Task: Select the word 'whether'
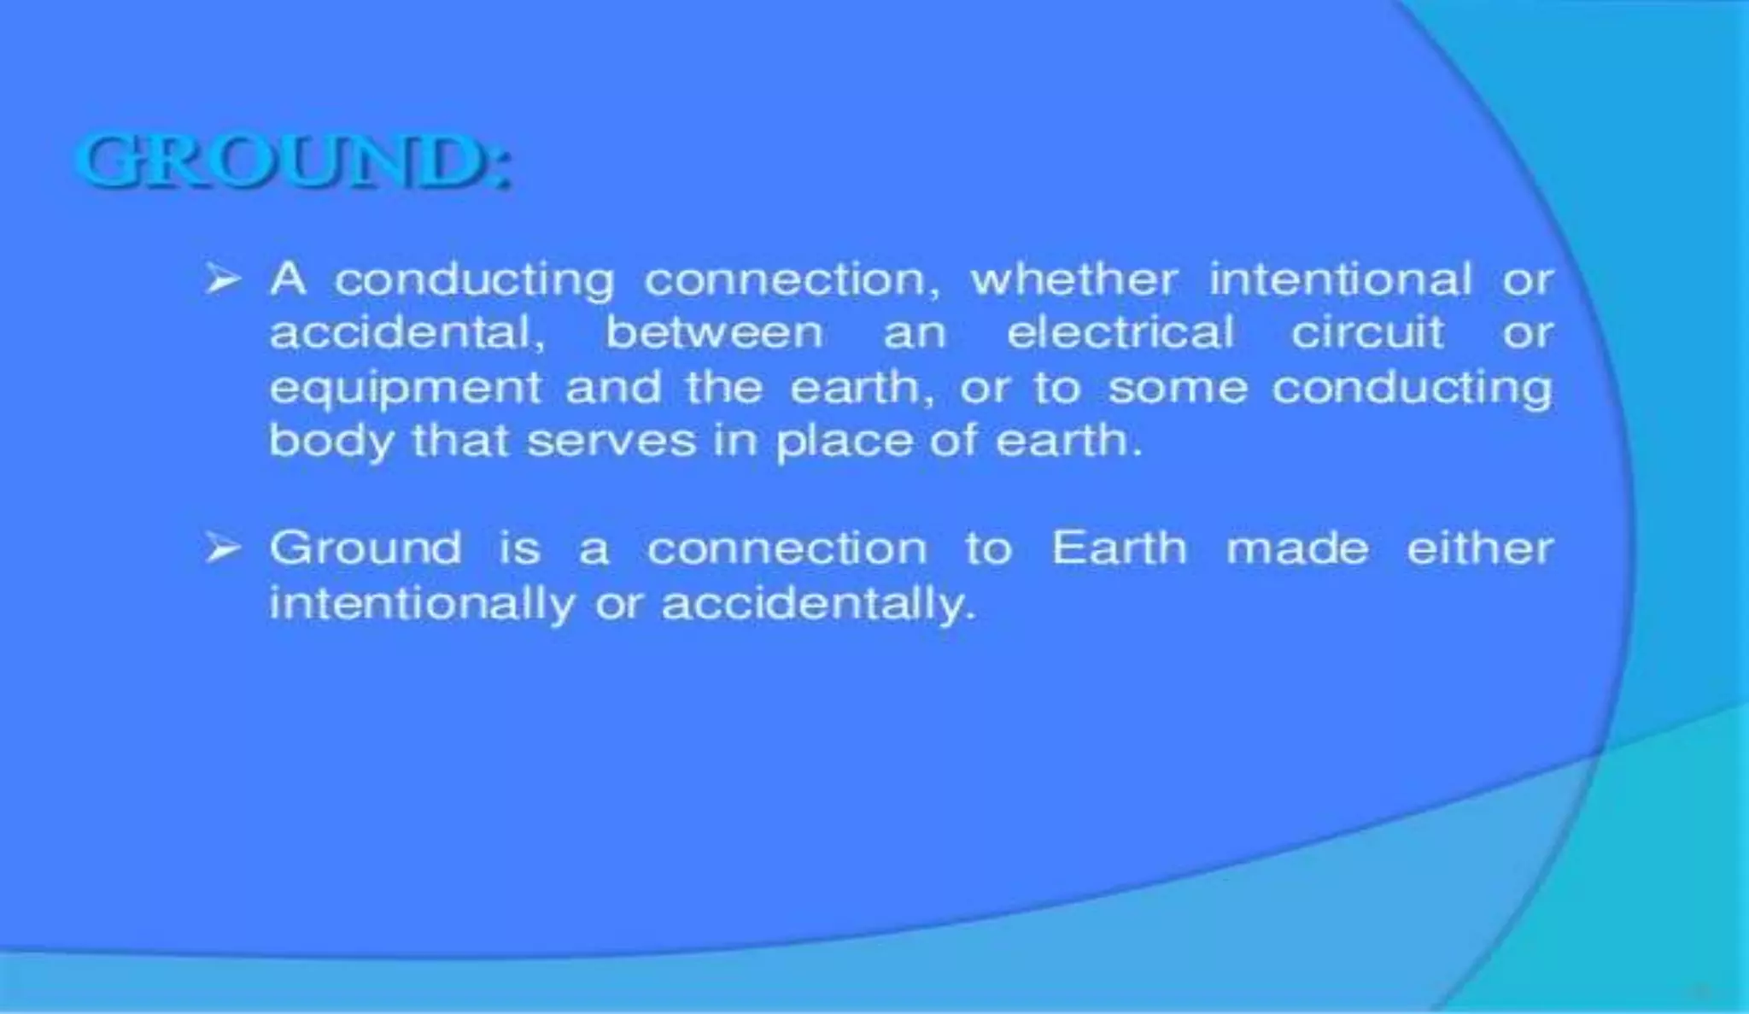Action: tap(1073, 279)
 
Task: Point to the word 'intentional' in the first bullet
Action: tap(1340, 279)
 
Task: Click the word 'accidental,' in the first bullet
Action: tap(407, 332)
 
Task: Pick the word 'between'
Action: tap(714, 332)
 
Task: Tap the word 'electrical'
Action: tap(1120, 332)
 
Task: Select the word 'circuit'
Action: tap(1367, 332)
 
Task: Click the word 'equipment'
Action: tap(406, 390)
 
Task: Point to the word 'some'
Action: tap(1178, 388)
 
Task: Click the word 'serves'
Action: tap(611, 443)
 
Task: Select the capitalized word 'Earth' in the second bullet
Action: tap(1119, 548)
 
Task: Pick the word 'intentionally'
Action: tap(422, 605)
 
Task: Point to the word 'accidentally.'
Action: tap(818, 605)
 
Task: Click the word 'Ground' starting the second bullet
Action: tap(366, 548)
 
